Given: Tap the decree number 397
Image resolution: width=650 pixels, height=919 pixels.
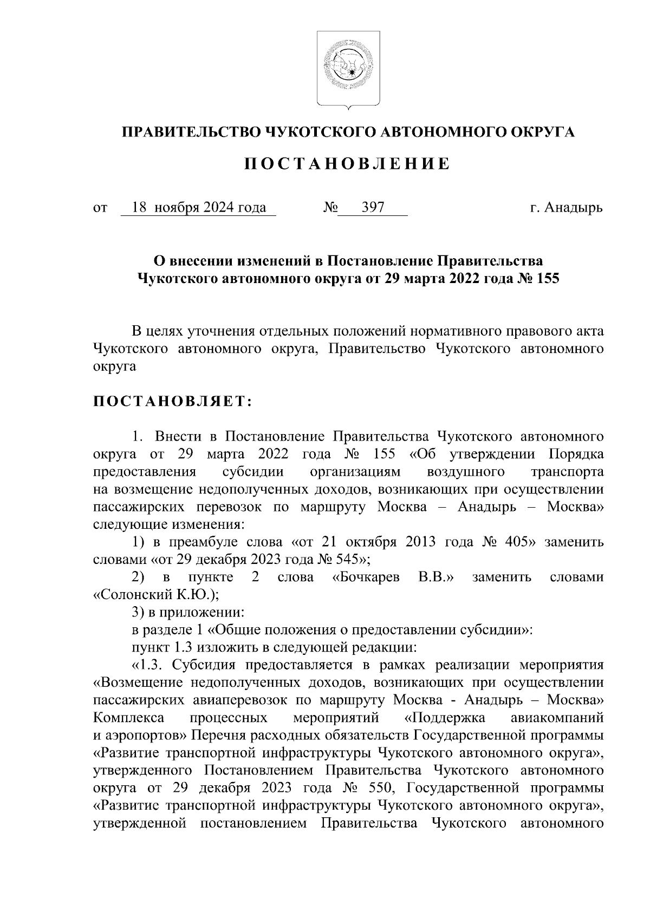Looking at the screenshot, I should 373,207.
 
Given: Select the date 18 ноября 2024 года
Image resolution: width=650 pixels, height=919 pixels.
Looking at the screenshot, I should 199,207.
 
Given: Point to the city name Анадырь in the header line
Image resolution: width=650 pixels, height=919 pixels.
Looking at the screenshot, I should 573,207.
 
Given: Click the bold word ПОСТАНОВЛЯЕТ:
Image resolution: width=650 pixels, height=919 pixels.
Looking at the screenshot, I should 172,402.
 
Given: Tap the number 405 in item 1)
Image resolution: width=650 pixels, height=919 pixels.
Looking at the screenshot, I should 521,542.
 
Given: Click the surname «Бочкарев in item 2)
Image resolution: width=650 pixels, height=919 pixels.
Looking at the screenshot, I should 366,577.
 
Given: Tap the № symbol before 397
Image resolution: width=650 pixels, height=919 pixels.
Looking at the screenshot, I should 330,207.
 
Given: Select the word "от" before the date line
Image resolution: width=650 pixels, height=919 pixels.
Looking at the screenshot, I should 100,207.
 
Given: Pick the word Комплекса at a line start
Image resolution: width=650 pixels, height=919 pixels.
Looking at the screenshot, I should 128,718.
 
